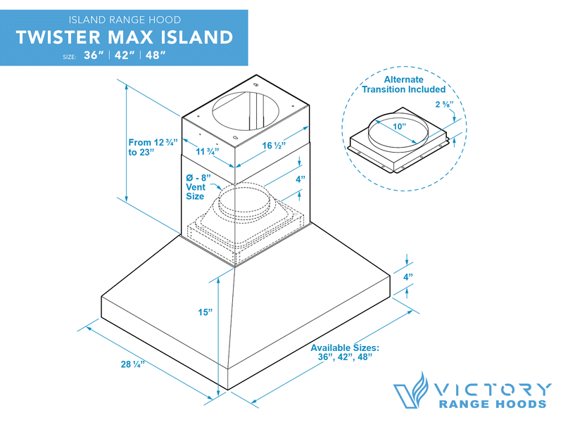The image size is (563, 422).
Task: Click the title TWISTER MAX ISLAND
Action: coord(124,37)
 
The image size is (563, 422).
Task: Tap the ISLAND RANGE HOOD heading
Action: coord(124,19)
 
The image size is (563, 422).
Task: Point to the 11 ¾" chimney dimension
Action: coord(207,151)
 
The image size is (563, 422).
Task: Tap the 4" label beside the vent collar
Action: coord(301,179)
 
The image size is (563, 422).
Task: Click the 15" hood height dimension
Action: coord(205,311)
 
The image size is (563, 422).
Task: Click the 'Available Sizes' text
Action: coord(345,352)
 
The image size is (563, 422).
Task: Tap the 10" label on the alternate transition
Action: coord(400,127)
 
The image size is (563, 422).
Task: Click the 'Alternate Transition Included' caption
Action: coord(403,84)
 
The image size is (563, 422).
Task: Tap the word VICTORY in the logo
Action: coord(492,389)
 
